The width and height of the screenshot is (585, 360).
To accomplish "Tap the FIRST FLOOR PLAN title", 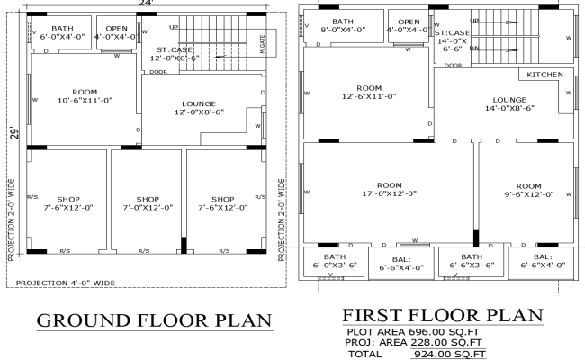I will (443, 316).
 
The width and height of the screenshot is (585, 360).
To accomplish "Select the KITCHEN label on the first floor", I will (545, 75).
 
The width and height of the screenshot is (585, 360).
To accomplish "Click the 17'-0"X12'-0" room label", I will (389, 188).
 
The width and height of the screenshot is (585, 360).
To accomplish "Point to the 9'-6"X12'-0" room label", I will (527, 188).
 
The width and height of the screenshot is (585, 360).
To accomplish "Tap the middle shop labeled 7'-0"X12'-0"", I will (147, 203).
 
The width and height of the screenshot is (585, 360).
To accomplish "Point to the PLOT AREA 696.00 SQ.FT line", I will (406, 331).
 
